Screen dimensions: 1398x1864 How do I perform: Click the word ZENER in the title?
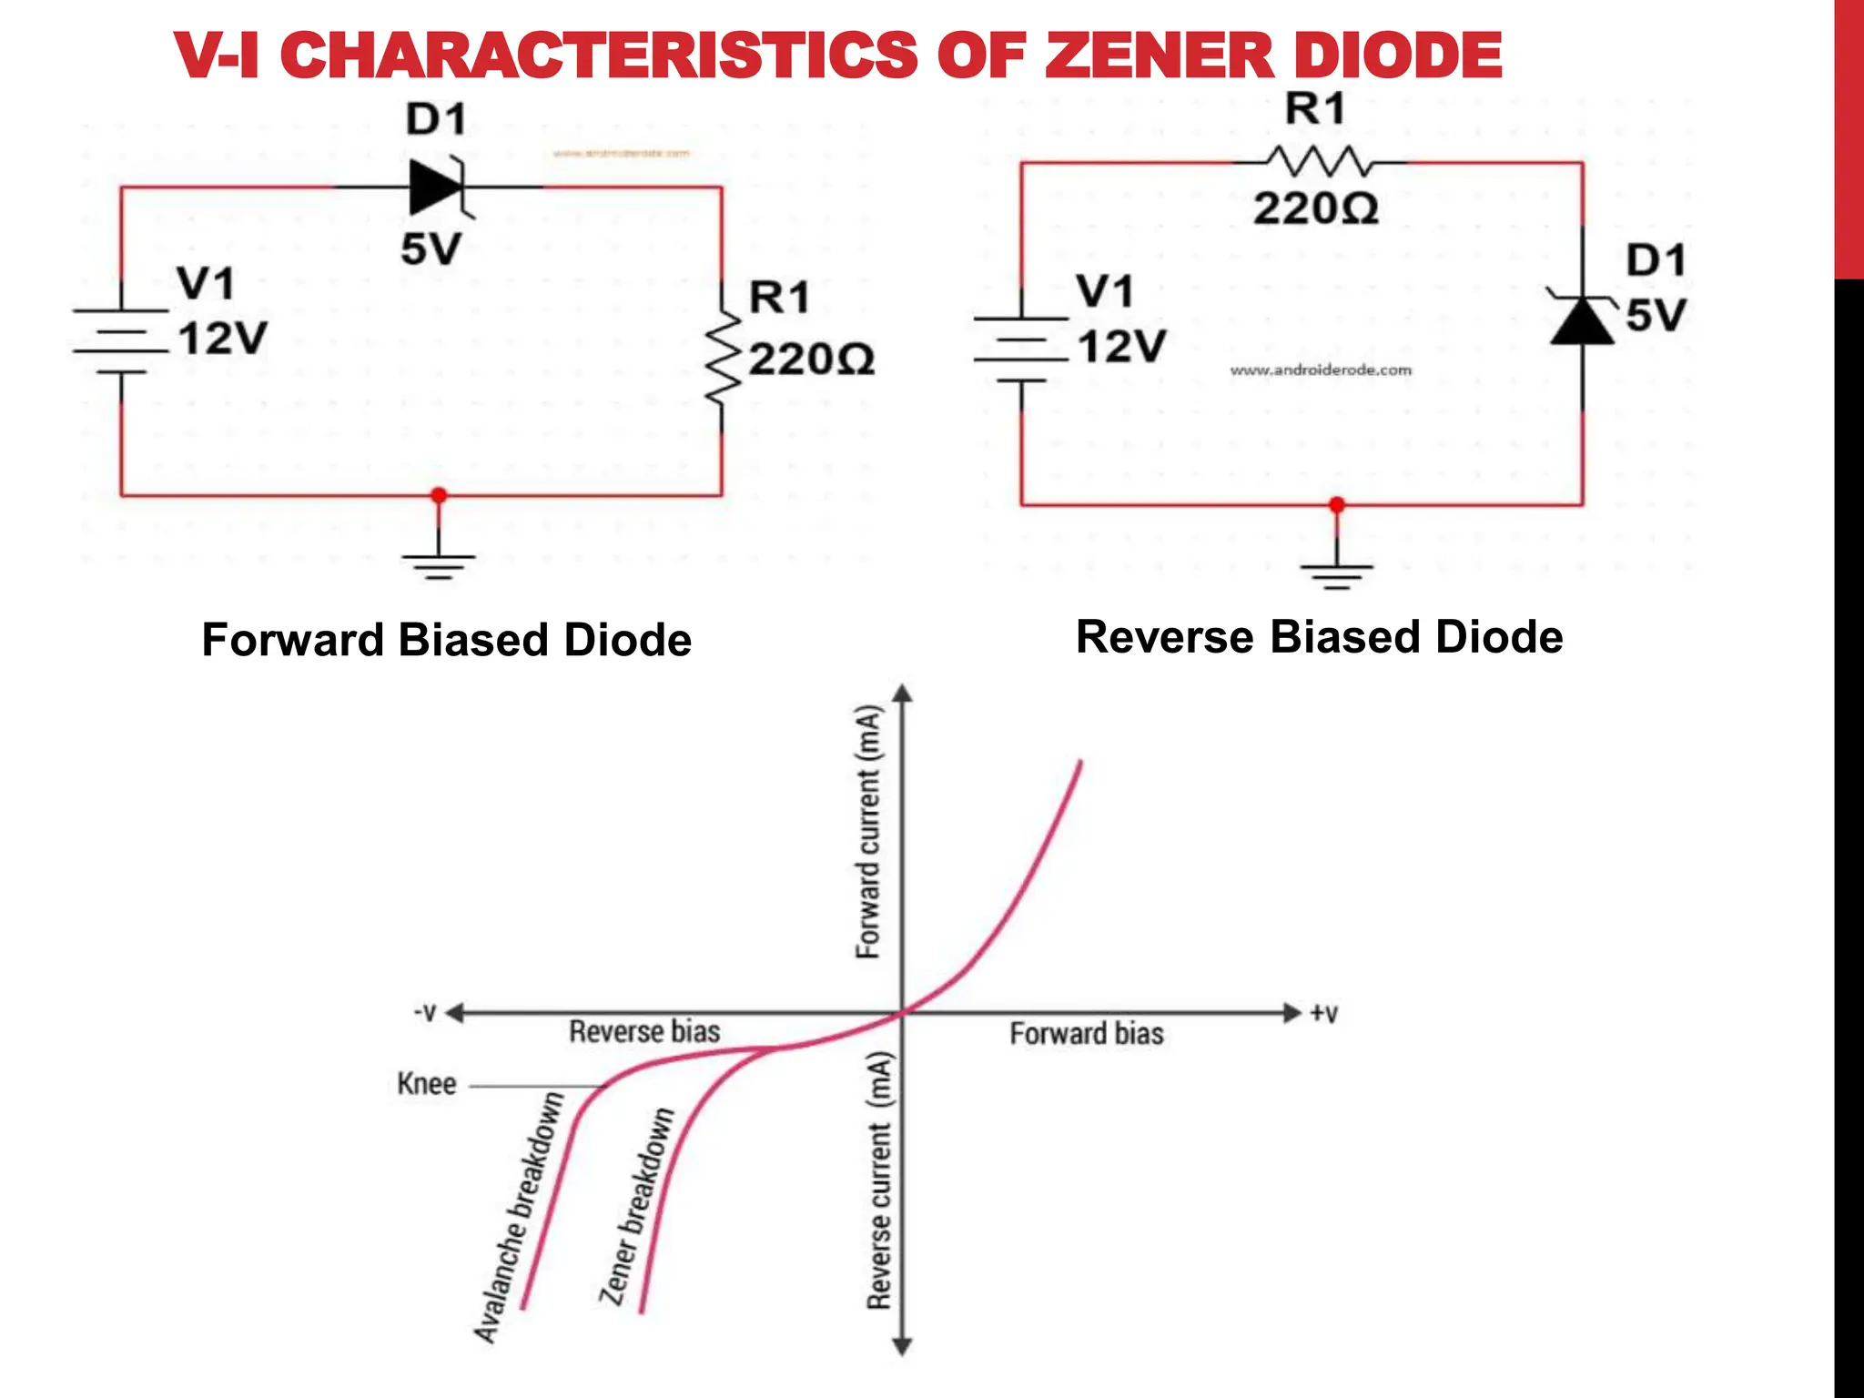1156,55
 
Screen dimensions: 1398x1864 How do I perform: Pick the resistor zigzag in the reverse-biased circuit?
1317,163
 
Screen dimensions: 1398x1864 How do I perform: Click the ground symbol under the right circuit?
1336,575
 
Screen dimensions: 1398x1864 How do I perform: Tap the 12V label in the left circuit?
222,339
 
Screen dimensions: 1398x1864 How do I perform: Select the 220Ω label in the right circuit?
1315,209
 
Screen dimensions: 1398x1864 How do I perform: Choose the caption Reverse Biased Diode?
1319,636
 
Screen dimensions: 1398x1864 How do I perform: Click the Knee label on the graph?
426,1083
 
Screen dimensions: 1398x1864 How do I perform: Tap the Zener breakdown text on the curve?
637,1206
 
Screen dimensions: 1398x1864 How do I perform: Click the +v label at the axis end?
1324,1013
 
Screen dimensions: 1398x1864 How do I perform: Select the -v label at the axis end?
425,1012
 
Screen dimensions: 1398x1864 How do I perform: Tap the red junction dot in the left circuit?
439,495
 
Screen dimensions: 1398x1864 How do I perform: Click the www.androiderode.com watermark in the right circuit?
1321,370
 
